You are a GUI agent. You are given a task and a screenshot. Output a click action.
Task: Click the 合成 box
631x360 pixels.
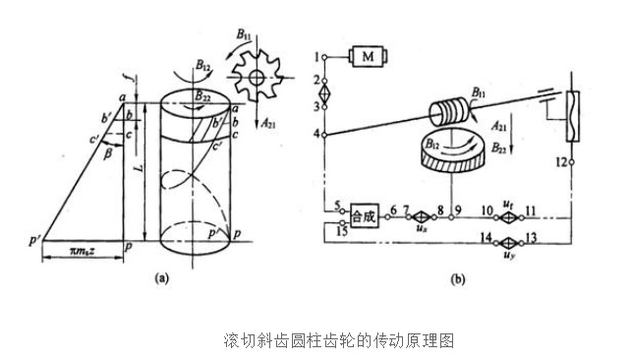[x=363, y=214]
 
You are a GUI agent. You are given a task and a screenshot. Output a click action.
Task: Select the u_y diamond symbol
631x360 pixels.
[x=508, y=239]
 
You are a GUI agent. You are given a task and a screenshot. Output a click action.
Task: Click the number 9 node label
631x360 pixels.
[x=458, y=208]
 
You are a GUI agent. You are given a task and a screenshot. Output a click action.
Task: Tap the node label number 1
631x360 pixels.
[x=319, y=52]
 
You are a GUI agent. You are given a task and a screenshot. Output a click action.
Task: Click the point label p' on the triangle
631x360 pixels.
[x=34, y=239]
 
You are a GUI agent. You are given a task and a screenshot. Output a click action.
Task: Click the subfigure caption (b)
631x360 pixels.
[x=457, y=278]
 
